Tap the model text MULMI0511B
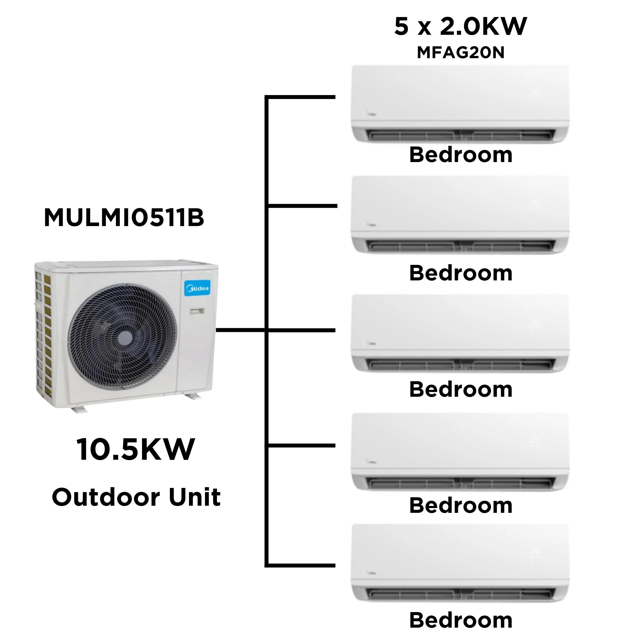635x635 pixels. [x=124, y=218]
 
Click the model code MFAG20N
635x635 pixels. [x=461, y=52]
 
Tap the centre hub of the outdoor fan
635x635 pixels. [x=125, y=338]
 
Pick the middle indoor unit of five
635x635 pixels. [x=460, y=333]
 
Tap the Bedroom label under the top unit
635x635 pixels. [x=461, y=154]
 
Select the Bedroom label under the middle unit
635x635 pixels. [x=461, y=389]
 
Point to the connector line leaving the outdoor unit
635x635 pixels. [x=241, y=330]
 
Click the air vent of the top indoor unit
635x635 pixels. [x=460, y=135]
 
